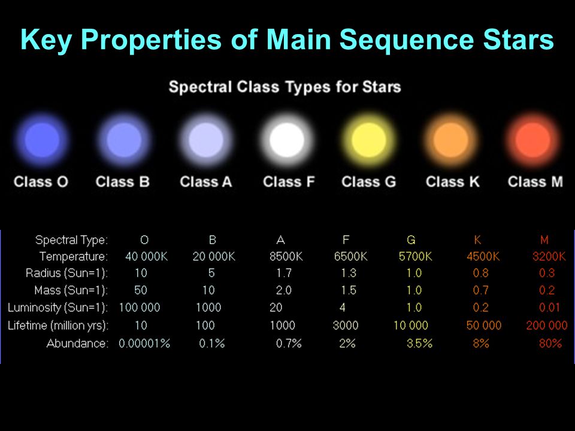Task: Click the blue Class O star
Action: coord(42,140)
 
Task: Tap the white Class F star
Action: coord(287,140)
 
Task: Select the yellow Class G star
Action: coord(368,140)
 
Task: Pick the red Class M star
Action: coord(532,140)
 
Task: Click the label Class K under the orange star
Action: coord(453,182)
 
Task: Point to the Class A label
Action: coord(205,182)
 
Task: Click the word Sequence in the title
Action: coord(407,40)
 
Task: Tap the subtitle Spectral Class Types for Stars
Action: coord(285,87)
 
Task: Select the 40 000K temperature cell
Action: coord(146,257)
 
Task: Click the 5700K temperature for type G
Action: coord(415,257)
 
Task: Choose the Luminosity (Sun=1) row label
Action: coord(58,308)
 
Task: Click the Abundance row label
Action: coord(77,344)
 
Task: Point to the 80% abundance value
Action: coord(550,344)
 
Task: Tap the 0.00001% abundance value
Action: coord(144,344)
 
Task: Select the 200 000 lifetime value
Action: coord(547,325)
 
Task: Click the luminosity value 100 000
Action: coord(140,308)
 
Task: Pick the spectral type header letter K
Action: coord(477,240)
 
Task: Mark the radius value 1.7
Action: coord(284,273)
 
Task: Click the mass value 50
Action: coord(140,290)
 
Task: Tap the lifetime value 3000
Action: coord(346,325)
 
